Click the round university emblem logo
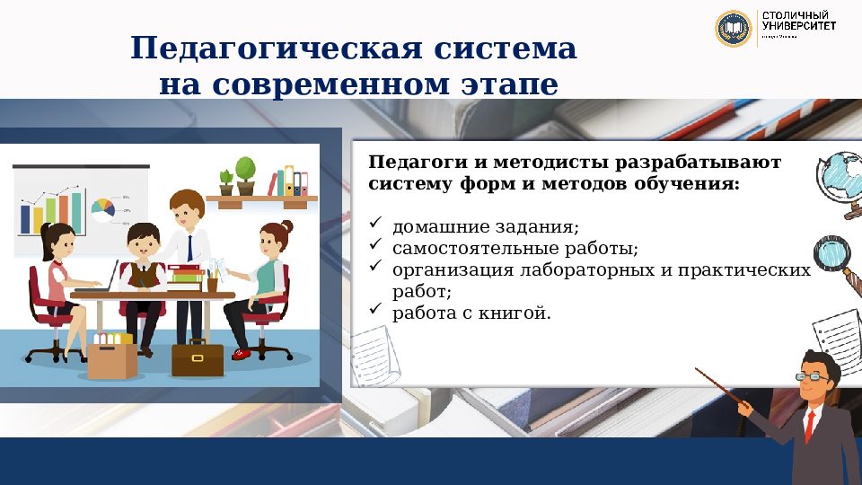click(x=732, y=29)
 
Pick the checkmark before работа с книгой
click(x=376, y=311)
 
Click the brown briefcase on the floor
click(x=198, y=358)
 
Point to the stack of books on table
click(x=185, y=274)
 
